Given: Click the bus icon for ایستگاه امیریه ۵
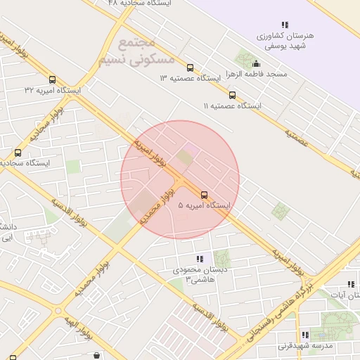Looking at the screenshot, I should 205,194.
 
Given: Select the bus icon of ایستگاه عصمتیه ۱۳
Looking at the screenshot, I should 191,68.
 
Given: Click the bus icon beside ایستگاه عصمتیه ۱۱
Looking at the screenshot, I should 232,95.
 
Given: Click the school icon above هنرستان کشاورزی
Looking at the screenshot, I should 285,25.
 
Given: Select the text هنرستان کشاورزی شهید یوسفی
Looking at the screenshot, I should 285,40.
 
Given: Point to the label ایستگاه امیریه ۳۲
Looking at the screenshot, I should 52,90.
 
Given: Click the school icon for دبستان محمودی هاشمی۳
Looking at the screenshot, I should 200,259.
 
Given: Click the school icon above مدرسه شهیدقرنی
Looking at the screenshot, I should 304,335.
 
